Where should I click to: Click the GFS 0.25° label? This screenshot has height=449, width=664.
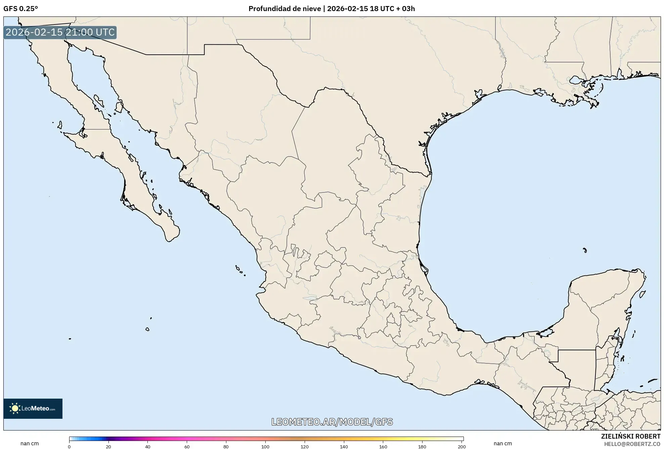click(20, 9)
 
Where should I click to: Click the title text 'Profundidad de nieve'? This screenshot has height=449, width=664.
click(284, 9)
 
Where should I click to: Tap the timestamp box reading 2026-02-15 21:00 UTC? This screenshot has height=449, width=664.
click(60, 33)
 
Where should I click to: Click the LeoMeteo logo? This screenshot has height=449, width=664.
click(33, 408)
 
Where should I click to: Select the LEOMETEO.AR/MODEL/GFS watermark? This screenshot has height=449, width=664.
click(332, 422)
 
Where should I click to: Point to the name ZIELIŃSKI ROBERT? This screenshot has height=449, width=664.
click(630, 436)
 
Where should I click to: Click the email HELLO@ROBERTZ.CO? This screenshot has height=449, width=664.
click(632, 444)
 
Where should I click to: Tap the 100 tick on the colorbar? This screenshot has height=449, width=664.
click(265, 447)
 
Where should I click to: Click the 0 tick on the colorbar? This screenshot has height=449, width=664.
click(70, 447)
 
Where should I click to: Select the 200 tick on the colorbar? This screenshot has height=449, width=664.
click(462, 447)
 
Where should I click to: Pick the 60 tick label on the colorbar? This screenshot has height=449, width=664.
click(187, 447)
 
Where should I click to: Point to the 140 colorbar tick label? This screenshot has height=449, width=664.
click(344, 447)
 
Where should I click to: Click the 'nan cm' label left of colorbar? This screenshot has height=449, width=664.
click(30, 444)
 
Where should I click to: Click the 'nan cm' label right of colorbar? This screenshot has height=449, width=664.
click(503, 444)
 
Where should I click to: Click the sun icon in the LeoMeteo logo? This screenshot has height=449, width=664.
click(15, 408)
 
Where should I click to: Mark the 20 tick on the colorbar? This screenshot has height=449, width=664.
click(108, 447)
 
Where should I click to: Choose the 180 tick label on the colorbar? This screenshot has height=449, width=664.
click(422, 447)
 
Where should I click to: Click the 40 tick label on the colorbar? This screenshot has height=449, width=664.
click(147, 447)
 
